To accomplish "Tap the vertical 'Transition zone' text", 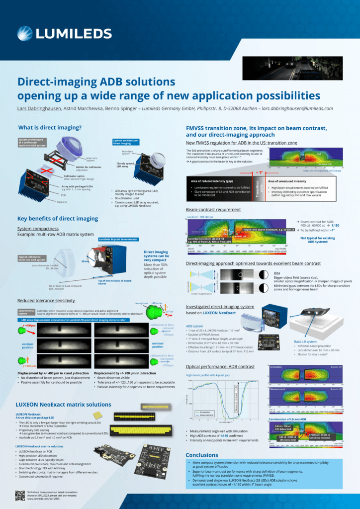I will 258,189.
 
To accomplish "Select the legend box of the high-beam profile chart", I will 205,413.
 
